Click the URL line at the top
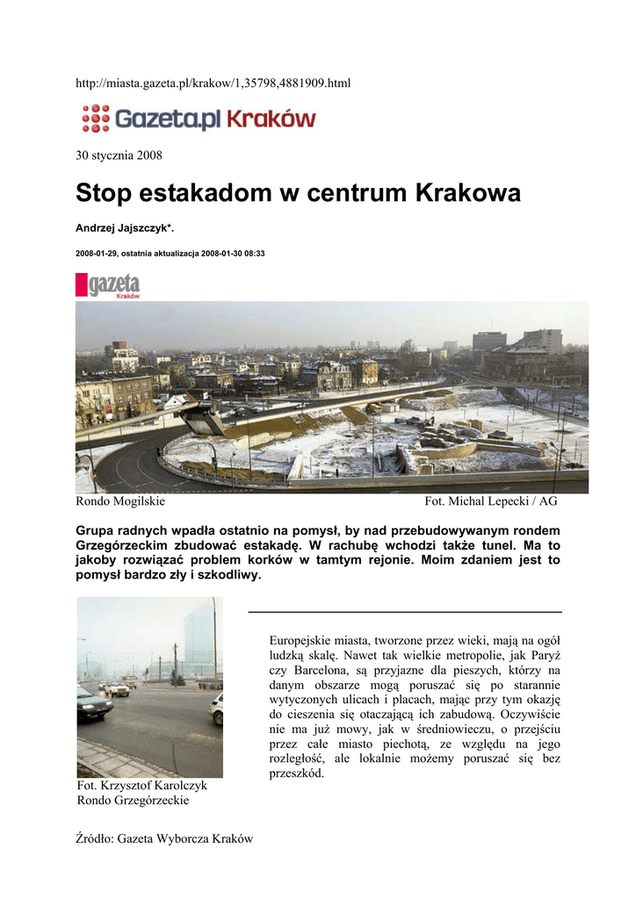tap(213, 83)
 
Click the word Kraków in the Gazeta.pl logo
tap(271, 119)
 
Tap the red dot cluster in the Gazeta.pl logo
tap(95, 118)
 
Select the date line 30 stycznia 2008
tap(119, 155)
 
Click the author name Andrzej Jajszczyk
tap(128, 228)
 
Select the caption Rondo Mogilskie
tap(120, 502)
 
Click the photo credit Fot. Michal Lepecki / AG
tap(490, 502)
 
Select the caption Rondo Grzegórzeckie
tap(133, 801)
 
